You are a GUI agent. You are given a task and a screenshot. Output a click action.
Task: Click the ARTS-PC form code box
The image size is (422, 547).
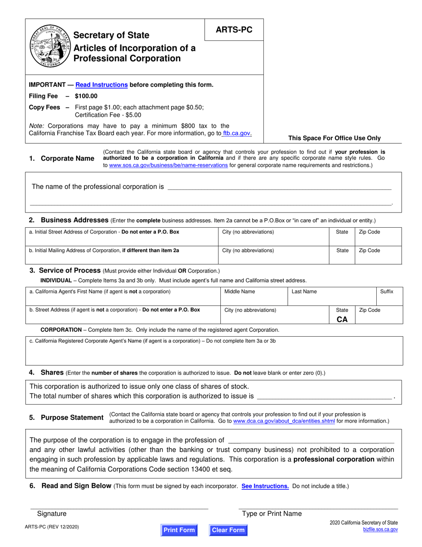[x=234, y=30]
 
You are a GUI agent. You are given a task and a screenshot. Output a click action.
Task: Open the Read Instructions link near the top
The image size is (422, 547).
[x=102, y=84]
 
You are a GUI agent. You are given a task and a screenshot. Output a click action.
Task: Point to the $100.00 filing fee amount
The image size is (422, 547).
[x=86, y=96]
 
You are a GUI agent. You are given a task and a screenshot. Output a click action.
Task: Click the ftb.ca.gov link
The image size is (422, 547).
[x=238, y=133]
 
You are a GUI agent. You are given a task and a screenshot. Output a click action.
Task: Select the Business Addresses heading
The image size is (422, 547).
[x=74, y=220]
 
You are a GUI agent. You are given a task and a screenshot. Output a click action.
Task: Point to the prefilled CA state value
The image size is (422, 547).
[x=342, y=319]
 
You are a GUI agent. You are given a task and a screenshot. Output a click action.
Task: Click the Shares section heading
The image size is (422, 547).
[x=52, y=372]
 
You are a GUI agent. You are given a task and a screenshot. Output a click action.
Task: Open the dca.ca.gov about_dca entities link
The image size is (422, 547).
[x=284, y=421]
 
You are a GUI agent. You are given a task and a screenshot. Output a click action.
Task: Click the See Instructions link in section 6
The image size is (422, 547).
[x=265, y=486]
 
